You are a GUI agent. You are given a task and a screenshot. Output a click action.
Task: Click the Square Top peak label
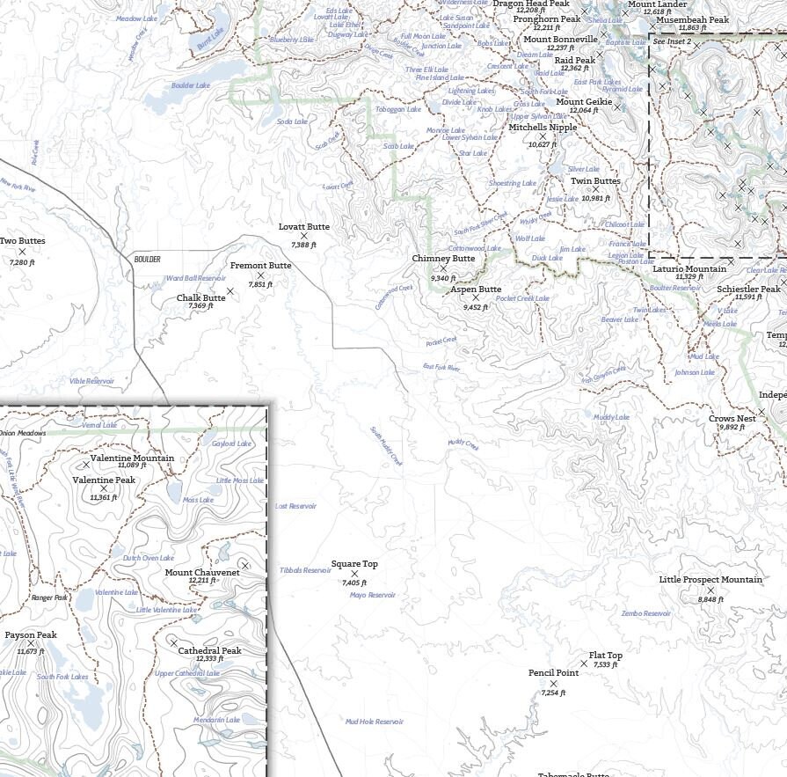[x=354, y=564]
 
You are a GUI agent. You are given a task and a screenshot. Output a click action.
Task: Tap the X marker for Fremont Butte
[x=260, y=275]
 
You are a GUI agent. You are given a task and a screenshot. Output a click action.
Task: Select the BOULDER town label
[x=148, y=260]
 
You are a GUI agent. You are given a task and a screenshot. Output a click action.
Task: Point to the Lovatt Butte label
[x=304, y=227]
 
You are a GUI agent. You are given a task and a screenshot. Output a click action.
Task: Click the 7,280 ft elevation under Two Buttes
[x=22, y=262]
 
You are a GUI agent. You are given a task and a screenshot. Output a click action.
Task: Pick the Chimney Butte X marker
[x=443, y=268]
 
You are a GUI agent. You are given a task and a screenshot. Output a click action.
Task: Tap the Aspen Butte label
[x=476, y=290]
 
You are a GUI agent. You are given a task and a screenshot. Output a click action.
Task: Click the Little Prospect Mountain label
[x=710, y=580]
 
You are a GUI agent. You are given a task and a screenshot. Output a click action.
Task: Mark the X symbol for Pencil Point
[x=553, y=683]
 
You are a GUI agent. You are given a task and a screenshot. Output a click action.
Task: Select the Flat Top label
[x=606, y=656]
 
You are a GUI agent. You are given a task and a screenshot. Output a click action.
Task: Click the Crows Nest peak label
[x=732, y=419]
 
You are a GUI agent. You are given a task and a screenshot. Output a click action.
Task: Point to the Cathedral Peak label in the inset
[x=209, y=651]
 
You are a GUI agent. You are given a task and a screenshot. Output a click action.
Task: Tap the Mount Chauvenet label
[x=202, y=573]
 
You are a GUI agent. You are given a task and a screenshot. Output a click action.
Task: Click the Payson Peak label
[x=31, y=635]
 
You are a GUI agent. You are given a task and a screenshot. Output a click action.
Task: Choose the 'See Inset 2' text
[x=672, y=41]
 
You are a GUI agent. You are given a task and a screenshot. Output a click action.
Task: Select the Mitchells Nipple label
[x=543, y=128]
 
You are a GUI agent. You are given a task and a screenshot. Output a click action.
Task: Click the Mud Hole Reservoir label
[x=375, y=722]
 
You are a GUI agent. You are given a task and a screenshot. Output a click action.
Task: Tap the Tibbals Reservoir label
[x=305, y=570]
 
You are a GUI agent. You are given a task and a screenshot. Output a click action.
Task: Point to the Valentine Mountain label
[x=132, y=458]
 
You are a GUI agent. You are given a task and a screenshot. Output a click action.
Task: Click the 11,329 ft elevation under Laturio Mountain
[x=689, y=277]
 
